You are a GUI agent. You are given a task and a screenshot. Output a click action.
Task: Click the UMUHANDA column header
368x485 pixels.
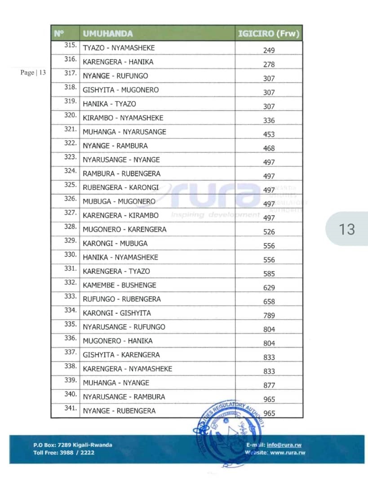click(107, 34)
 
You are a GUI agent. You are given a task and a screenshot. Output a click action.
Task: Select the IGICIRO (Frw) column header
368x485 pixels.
click(268, 34)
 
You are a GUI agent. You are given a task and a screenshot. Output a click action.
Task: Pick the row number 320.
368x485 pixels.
click(70, 115)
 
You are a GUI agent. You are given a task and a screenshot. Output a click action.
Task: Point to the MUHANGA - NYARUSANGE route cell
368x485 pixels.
click(124, 132)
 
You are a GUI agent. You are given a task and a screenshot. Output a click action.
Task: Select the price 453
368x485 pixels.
click(269, 134)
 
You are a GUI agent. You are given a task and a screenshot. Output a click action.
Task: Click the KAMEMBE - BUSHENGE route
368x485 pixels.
click(120, 285)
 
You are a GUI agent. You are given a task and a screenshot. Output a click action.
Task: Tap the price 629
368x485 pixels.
click(269, 287)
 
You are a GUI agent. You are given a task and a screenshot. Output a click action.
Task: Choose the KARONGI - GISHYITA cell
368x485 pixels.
click(117, 313)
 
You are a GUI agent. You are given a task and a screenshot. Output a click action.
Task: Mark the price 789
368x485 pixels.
click(269, 315)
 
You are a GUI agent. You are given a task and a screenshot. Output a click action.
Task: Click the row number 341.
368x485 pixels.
click(70, 409)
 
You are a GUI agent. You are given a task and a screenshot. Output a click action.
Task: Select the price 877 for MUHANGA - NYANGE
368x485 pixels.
click(269, 385)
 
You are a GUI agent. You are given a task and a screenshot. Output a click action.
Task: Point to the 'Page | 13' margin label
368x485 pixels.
click(33, 73)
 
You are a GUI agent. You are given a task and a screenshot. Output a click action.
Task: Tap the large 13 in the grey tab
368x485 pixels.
click(347, 229)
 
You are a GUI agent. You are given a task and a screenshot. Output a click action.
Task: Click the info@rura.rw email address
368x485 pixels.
click(284, 445)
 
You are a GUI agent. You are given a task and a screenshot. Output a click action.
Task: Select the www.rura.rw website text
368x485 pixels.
click(288, 453)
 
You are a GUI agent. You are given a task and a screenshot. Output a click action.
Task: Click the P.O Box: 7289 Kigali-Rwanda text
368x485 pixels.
click(72, 445)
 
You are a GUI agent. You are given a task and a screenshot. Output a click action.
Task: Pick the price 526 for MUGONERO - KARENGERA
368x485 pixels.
click(269, 232)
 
